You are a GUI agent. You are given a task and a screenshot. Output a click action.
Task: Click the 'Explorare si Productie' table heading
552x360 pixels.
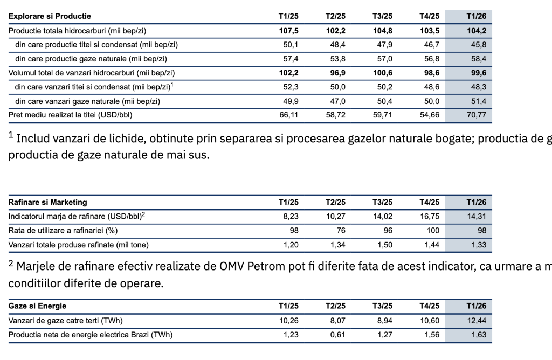[x=50, y=17]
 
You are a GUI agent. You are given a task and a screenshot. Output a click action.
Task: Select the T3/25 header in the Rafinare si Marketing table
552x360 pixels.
[x=382, y=202]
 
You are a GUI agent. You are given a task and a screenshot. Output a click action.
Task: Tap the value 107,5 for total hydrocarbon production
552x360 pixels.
[x=288, y=31]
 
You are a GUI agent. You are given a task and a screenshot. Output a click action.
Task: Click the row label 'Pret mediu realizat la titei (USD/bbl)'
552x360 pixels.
[x=70, y=115]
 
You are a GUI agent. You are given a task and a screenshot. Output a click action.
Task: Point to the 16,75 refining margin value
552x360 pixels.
[x=430, y=216]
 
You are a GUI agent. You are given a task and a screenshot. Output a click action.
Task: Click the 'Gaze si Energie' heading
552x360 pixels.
[x=38, y=306]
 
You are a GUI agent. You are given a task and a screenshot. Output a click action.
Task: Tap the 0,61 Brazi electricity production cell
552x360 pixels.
[x=336, y=335]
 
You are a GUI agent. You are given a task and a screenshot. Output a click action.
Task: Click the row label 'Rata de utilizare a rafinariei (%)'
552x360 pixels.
[x=63, y=230]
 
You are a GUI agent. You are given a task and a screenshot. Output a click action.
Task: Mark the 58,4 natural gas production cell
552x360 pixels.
[x=478, y=59]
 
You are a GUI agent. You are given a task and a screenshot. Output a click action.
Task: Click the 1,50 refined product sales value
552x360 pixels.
[x=383, y=244]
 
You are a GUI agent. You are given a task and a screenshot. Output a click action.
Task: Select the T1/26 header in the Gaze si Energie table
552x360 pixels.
[x=476, y=306]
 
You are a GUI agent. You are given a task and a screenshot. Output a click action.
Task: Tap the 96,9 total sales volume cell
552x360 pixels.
[x=336, y=73]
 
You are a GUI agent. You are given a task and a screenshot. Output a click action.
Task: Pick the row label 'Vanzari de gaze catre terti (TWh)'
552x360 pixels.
[x=66, y=321]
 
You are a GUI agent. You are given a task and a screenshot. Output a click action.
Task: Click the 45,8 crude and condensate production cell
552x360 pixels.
[x=478, y=45]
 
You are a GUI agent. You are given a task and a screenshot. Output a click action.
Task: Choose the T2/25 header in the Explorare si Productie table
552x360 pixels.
[x=335, y=17]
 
